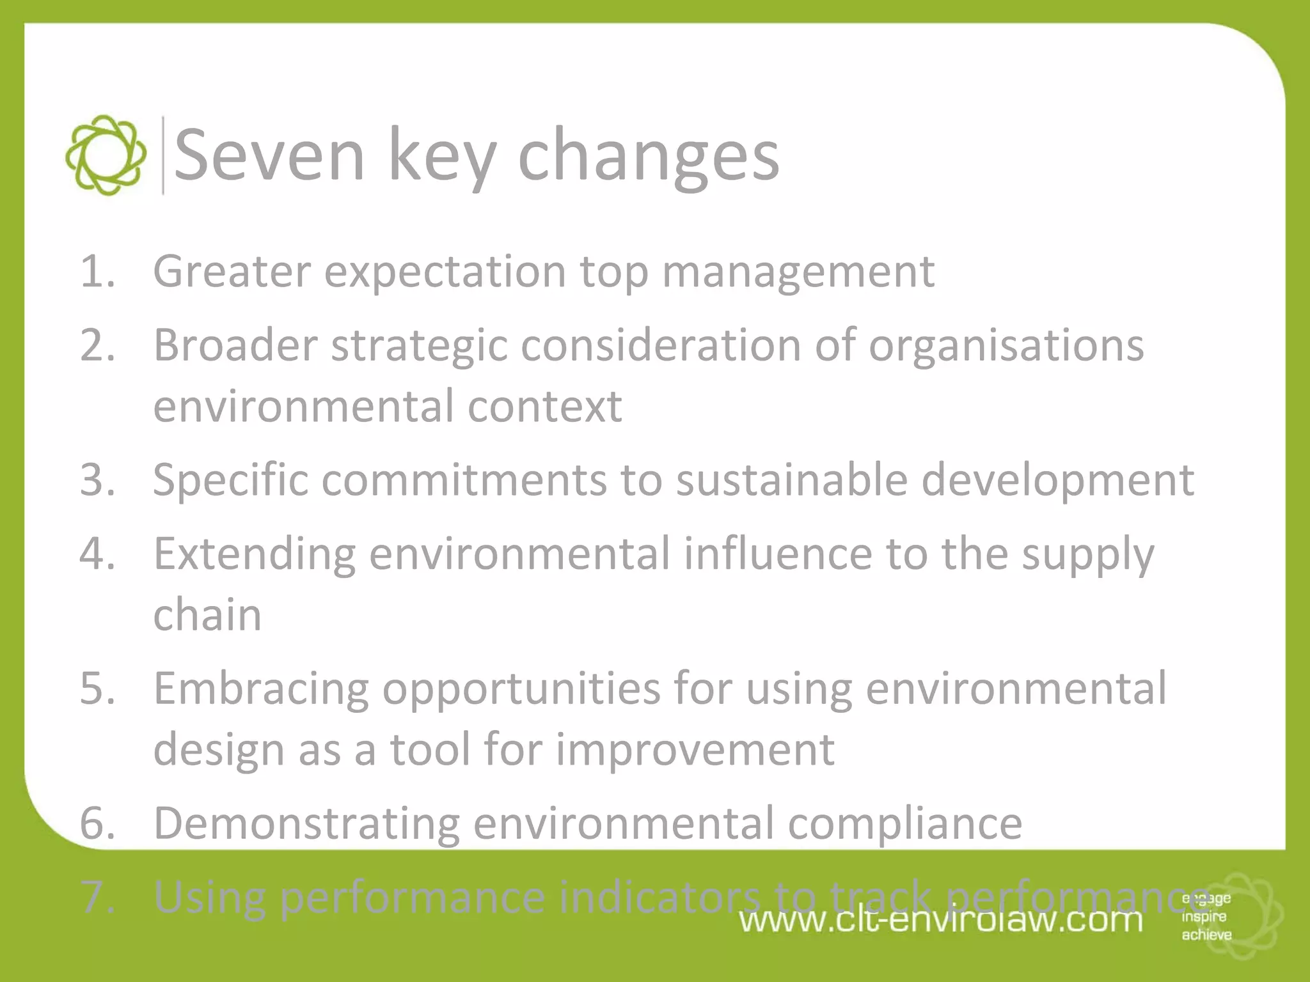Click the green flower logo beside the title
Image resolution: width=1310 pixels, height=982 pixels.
point(106,155)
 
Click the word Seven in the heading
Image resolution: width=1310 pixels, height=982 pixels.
point(269,155)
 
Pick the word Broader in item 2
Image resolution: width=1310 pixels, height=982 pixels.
point(235,345)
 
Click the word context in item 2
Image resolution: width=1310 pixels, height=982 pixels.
point(544,407)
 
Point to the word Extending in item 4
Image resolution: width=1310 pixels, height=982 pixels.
point(254,554)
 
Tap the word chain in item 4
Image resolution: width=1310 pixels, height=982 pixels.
point(207,615)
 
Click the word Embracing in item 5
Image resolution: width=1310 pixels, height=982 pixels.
point(261,689)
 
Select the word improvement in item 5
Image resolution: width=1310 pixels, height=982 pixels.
point(695,749)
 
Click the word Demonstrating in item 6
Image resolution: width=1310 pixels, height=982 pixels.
point(306,823)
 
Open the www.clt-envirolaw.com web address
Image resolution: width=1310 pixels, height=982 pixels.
point(940,921)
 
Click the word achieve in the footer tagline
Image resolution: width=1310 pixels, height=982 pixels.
point(1206,935)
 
